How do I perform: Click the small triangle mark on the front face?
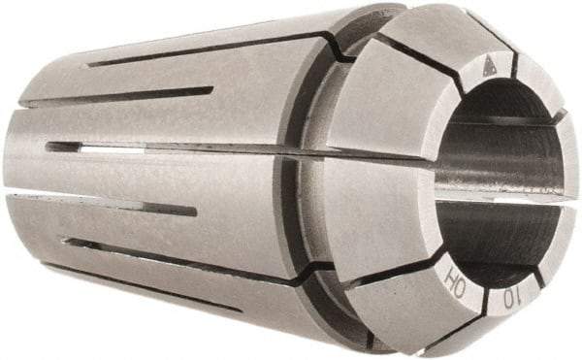tap(488, 67)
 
